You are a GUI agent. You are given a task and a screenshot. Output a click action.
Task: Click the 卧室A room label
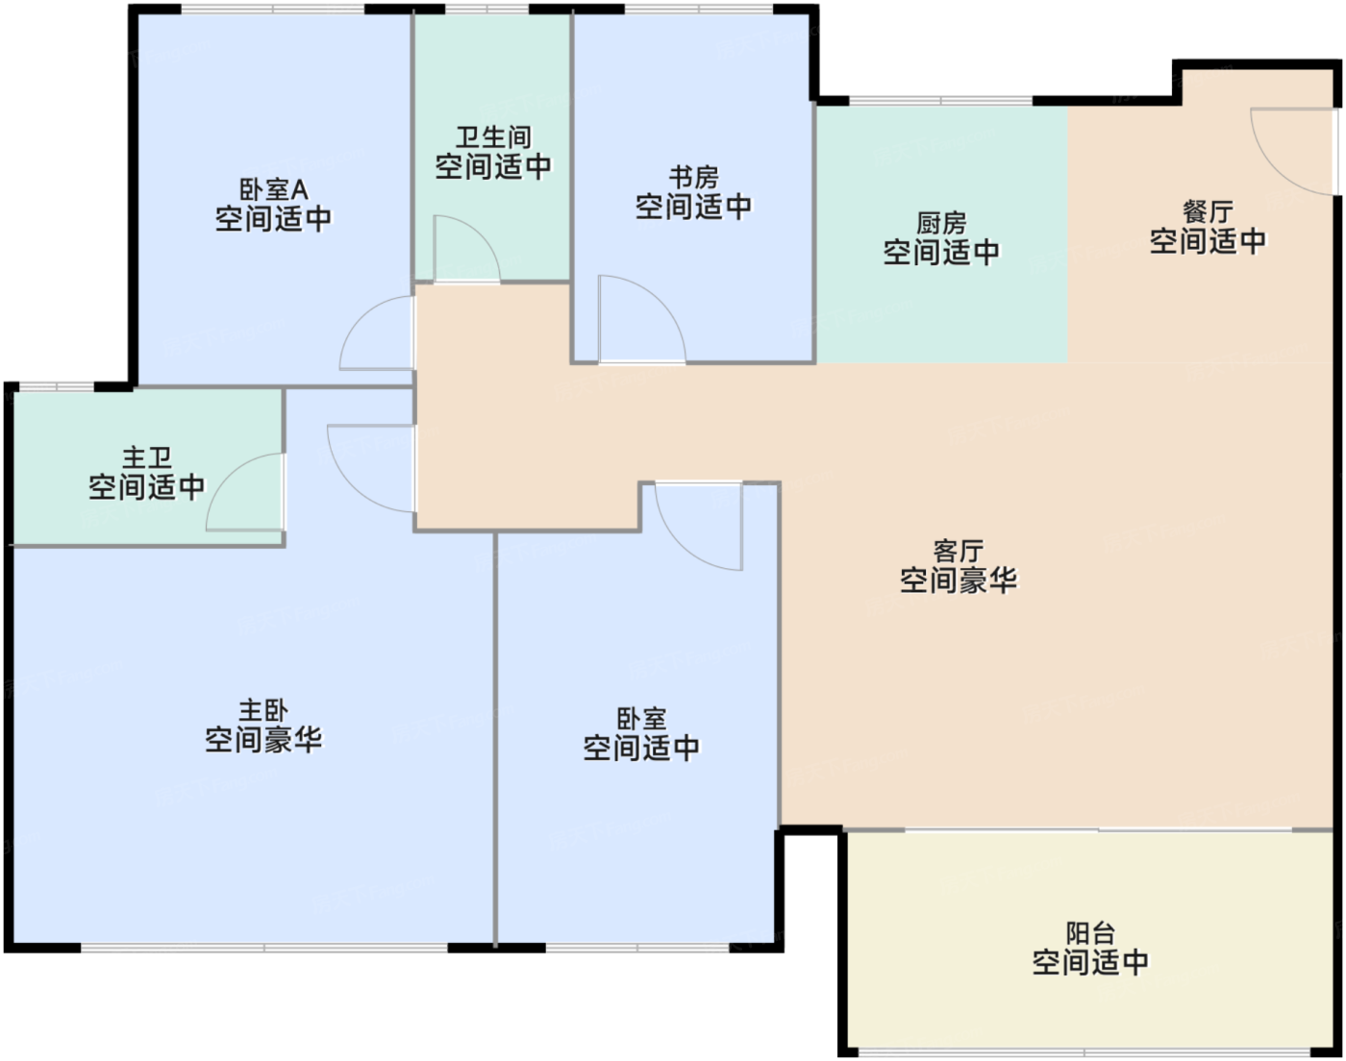[273, 190]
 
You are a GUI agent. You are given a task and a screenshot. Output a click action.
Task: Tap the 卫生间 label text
[493, 137]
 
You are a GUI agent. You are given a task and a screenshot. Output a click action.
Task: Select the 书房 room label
[693, 178]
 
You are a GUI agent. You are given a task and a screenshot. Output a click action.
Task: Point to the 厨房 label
[941, 224]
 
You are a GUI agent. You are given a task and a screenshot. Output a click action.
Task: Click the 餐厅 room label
[1208, 211]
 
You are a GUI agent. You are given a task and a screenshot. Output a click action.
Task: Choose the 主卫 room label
[146, 458]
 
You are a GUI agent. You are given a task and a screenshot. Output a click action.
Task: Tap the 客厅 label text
[958, 552]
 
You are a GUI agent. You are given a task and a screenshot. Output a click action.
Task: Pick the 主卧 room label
[263, 711]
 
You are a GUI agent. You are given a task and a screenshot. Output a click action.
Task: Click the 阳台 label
[1090, 933]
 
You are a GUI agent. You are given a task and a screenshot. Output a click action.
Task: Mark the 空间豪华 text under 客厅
[958, 580]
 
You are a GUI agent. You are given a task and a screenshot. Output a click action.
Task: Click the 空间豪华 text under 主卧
[263, 740]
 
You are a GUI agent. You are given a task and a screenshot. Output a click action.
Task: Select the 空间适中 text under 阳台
[1090, 962]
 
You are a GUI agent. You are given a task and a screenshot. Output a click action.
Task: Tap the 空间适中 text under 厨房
[941, 253]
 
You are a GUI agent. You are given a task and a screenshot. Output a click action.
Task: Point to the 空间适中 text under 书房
[693, 207]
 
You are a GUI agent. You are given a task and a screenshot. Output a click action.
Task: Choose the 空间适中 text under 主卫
[146, 487]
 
